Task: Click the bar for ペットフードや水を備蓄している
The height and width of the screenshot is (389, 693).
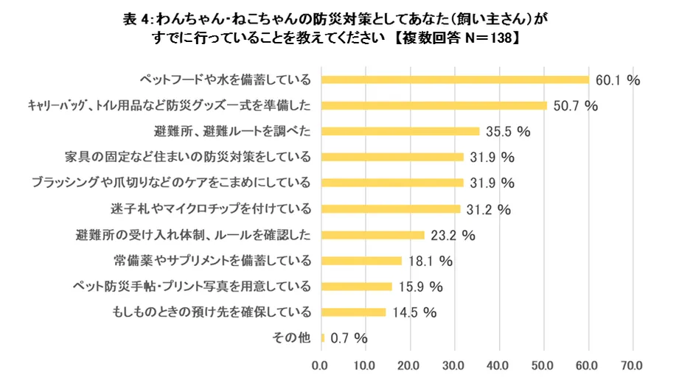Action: tap(455, 80)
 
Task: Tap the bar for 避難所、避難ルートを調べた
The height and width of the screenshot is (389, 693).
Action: tap(400, 131)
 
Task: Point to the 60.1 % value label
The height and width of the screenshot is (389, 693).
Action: tap(618, 80)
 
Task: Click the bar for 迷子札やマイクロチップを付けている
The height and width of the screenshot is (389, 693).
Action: tap(391, 208)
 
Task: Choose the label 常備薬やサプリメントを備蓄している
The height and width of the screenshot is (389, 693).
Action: tap(212, 260)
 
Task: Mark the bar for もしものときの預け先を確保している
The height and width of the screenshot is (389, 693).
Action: tap(353, 312)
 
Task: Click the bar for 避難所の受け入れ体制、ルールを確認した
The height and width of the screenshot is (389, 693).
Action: tap(373, 234)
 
